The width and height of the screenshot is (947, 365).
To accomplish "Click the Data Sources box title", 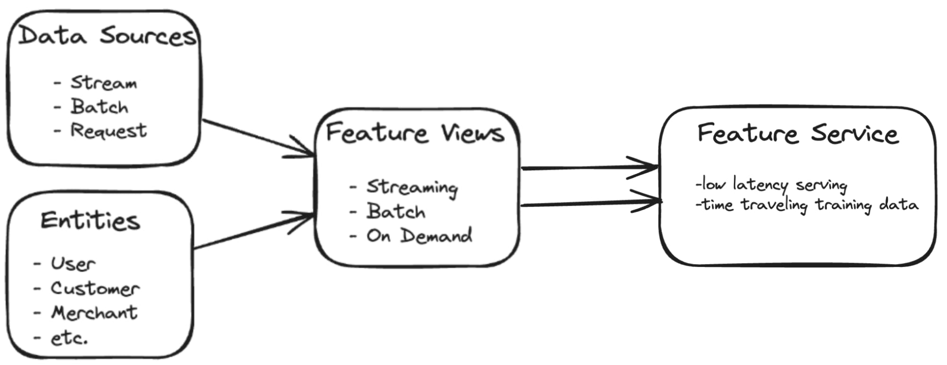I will (107, 36).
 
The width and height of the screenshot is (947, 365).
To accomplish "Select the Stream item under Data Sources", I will (103, 83).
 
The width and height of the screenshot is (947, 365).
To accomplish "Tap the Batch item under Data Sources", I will (99, 107).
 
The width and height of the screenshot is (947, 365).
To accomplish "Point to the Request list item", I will (108, 130).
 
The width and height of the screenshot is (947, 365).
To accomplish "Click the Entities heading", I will (90, 221).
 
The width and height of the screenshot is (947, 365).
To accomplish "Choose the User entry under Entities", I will (73, 264).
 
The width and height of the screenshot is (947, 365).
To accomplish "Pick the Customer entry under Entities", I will (95, 289).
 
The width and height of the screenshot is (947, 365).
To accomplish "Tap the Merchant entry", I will (94, 313).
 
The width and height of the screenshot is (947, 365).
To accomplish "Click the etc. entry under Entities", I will (69, 338).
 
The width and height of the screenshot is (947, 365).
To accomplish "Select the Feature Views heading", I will (415, 133).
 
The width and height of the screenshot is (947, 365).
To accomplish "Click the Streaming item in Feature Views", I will (412, 187).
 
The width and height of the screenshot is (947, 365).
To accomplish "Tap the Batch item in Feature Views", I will (396, 211).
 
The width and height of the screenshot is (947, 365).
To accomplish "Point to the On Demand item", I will (419, 236).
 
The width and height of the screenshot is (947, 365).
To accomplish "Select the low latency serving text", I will (771, 184).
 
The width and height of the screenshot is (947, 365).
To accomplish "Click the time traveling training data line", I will (807, 205).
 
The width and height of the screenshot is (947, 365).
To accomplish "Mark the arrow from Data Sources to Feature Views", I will (258, 138).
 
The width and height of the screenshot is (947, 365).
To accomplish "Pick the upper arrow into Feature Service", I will (590, 167).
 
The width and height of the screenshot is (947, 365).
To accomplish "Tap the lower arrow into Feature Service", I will (590, 203).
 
